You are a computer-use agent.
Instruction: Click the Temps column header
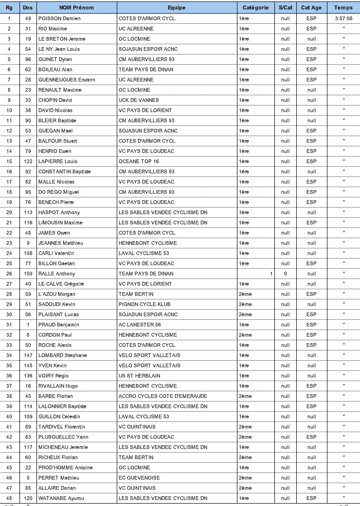(343, 8)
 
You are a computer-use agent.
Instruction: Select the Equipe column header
(177, 8)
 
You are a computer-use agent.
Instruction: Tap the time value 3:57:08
(343, 18)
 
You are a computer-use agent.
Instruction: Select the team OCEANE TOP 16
(139, 161)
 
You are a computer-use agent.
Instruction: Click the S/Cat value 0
(286, 274)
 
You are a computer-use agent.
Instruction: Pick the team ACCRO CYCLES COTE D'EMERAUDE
(163, 396)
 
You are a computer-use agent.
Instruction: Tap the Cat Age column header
(311, 8)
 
